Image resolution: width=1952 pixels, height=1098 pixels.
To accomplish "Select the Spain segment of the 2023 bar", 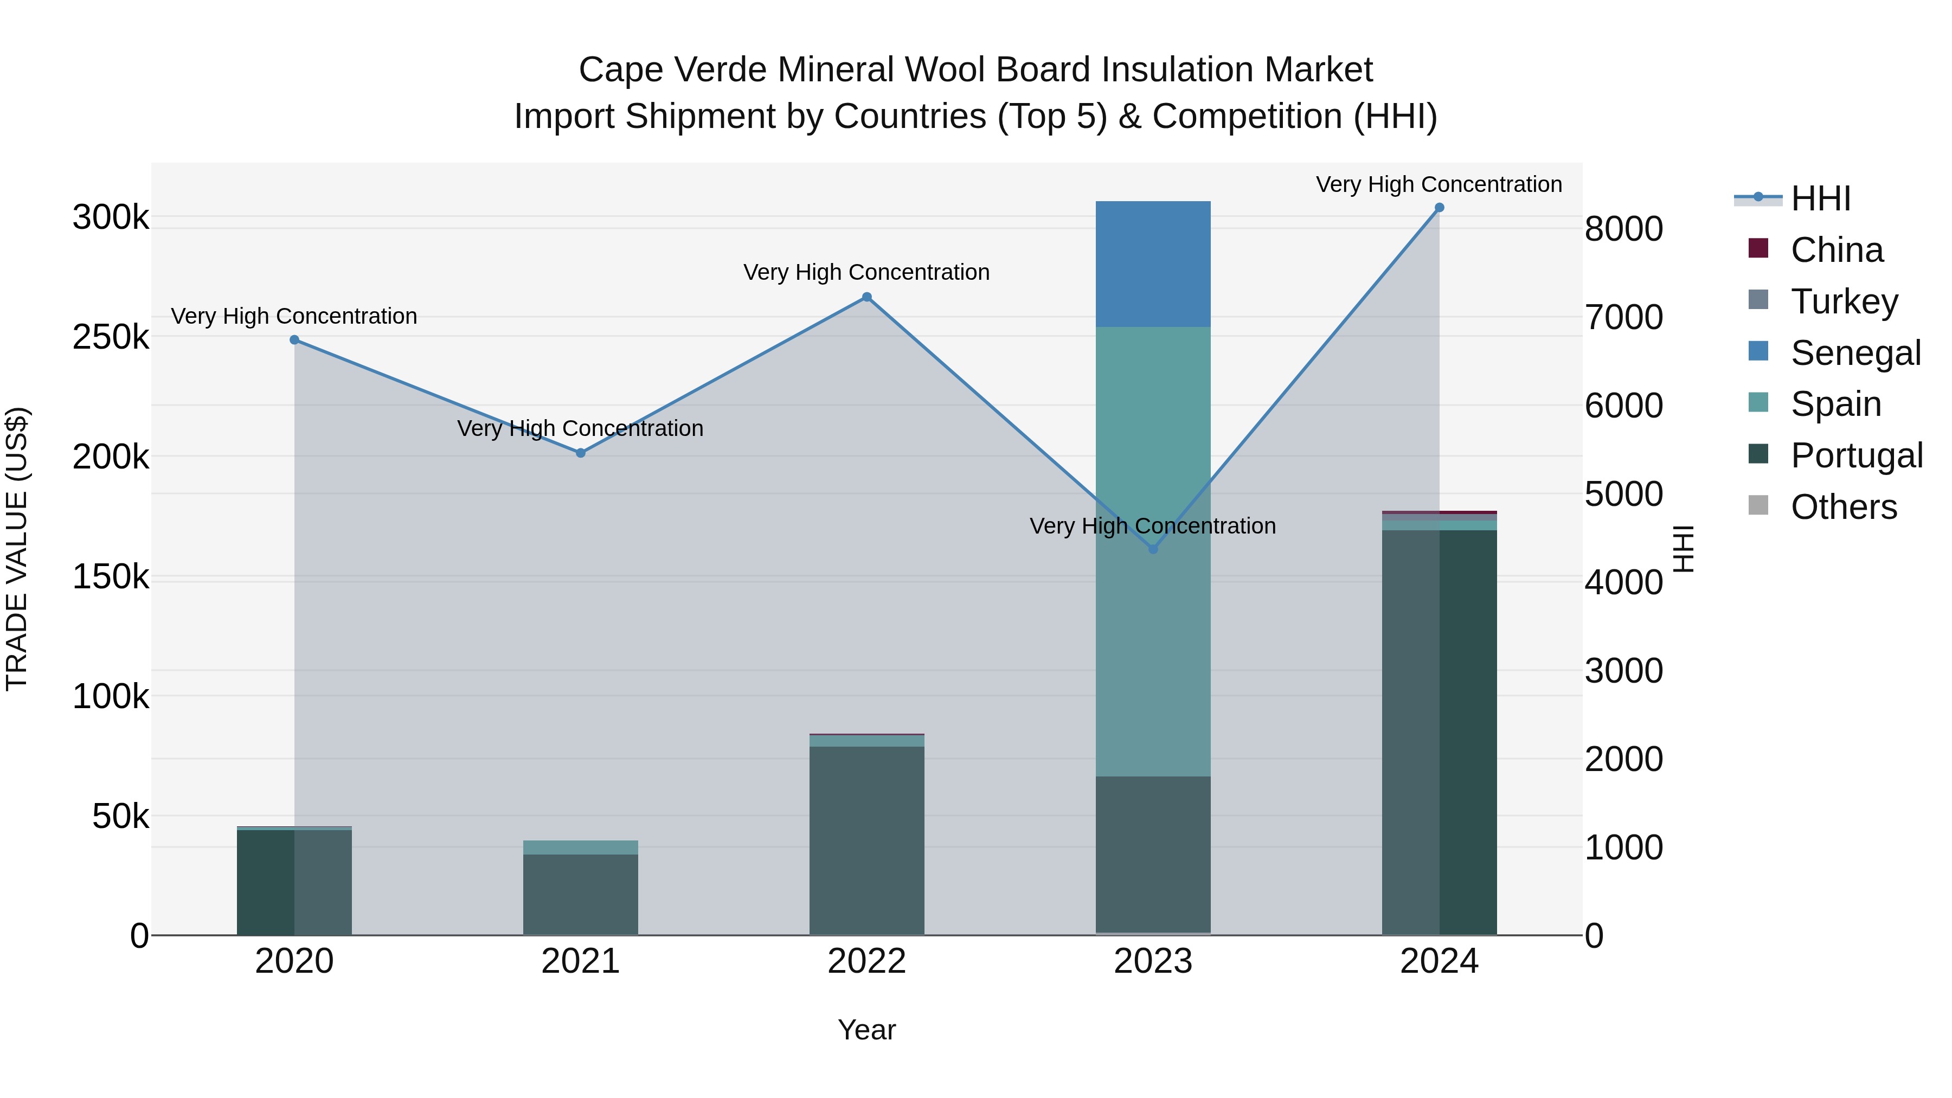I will click(x=1153, y=551).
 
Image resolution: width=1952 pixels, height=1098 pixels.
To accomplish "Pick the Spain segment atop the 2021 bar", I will click(x=580, y=847).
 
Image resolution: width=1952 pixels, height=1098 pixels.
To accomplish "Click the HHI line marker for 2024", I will click(x=1439, y=208).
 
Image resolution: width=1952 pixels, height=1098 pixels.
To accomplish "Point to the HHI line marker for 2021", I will click(x=580, y=453).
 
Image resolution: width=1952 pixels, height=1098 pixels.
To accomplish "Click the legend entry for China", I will click(x=1836, y=250).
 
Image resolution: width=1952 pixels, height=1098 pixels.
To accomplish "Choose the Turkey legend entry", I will click(x=1844, y=301).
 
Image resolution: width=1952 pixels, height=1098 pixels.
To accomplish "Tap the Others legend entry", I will click(x=1843, y=507).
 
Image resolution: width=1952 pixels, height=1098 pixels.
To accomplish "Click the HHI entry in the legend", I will click(x=1820, y=198).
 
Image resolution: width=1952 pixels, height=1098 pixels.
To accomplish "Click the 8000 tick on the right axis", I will click(x=1623, y=229).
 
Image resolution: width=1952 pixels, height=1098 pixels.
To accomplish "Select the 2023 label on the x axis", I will click(x=1153, y=961).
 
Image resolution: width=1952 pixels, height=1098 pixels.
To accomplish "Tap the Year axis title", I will click(x=866, y=1030).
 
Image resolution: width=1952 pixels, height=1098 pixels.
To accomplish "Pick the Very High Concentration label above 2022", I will click(x=866, y=272).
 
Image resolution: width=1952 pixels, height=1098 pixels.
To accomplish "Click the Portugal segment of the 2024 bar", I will click(x=1439, y=732).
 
